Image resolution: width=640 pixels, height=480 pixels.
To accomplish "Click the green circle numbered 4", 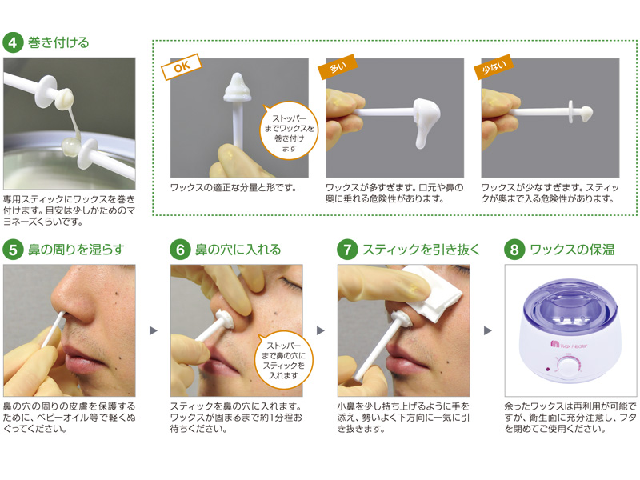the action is click(x=13, y=42).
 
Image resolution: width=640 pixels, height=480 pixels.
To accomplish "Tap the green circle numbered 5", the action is click(x=13, y=250).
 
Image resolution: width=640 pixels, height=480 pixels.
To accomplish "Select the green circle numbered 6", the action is click(x=181, y=250).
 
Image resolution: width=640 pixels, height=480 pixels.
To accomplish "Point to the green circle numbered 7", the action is click(x=347, y=250).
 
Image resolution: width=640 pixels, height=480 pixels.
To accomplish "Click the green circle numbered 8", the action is click(x=514, y=250).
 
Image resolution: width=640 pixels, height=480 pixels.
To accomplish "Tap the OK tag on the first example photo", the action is click(x=182, y=66).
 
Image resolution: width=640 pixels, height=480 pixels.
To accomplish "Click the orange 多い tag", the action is click(x=338, y=66).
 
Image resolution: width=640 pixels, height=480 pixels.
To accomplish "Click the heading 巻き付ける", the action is click(x=58, y=42).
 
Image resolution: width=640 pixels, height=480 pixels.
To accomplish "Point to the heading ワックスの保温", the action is click(x=572, y=250).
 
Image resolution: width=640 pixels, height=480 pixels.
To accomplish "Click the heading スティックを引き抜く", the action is click(x=421, y=250).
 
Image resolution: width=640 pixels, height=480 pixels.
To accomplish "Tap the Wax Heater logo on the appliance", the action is click(x=569, y=345).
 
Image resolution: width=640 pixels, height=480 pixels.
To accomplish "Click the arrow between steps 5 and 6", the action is click(x=154, y=330).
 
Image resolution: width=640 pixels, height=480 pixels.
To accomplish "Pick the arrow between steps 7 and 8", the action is click(x=488, y=330).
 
